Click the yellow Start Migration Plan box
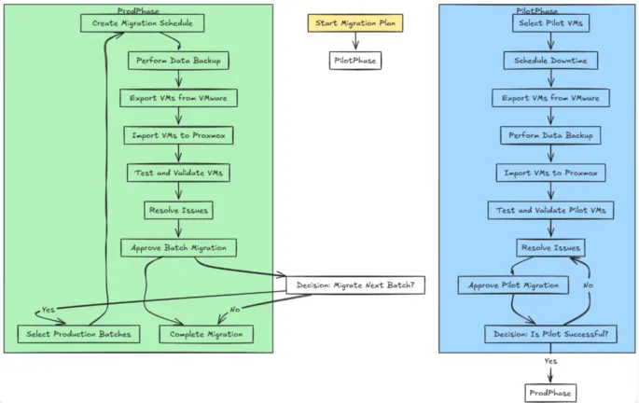point(355,22)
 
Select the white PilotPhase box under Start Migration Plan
point(355,61)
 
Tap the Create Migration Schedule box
point(138,22)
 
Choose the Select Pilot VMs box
point(549,22)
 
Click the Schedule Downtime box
point(549,61)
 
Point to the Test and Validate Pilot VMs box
point(549,210)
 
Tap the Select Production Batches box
point(78,334)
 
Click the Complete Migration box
point(206,334)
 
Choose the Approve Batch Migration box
point(178,247)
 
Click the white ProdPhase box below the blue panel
point(549,392)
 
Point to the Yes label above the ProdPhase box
point(550,361)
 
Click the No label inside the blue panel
point(588,285)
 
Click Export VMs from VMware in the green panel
point(178,97)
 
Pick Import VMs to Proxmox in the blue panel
point(549,173)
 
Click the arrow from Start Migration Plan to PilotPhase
point(355,41)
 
